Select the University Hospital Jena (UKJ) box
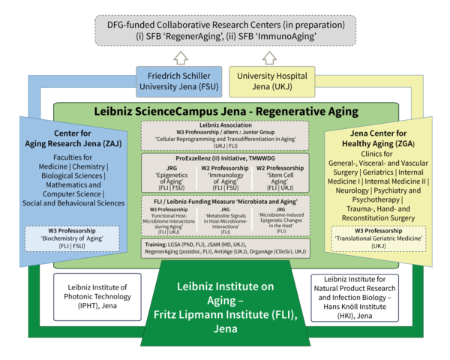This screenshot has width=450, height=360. (x=273, y=82)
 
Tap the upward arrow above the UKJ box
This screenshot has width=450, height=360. (x=273, y=55)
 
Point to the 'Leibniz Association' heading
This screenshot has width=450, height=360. (x=225, y=124)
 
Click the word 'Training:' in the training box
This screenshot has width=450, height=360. (x=156, y=245)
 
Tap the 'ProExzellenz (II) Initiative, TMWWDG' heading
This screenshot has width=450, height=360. (x=225, y=159)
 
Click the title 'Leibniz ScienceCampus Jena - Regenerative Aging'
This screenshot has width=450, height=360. (x=225, y=109)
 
